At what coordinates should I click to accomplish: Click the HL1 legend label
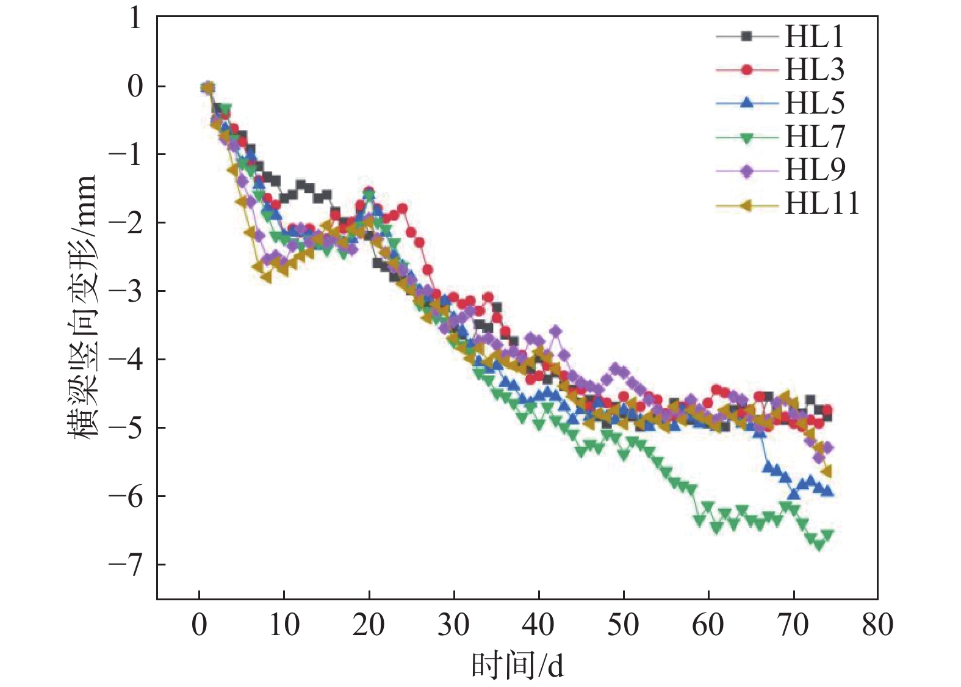pos(814,37)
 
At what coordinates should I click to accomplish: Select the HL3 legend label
pos(814,70)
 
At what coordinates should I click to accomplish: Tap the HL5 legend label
pos(814,103)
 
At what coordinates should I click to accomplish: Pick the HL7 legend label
pos(814,136)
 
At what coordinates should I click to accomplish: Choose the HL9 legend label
pos(814,170)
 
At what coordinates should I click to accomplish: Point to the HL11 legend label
pos(821,203)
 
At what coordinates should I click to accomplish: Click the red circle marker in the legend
pos(746,70)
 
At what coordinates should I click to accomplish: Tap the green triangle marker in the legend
pos(746,137)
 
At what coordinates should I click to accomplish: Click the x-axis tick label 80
pos(877,625)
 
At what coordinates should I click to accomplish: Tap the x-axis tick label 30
pos(453,625)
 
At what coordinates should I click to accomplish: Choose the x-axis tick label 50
pos(623,625)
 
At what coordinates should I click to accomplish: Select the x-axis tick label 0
pos(200,625)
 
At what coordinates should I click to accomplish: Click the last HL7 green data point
pos(827,535)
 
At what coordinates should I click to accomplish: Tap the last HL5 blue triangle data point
pos(827,491)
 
